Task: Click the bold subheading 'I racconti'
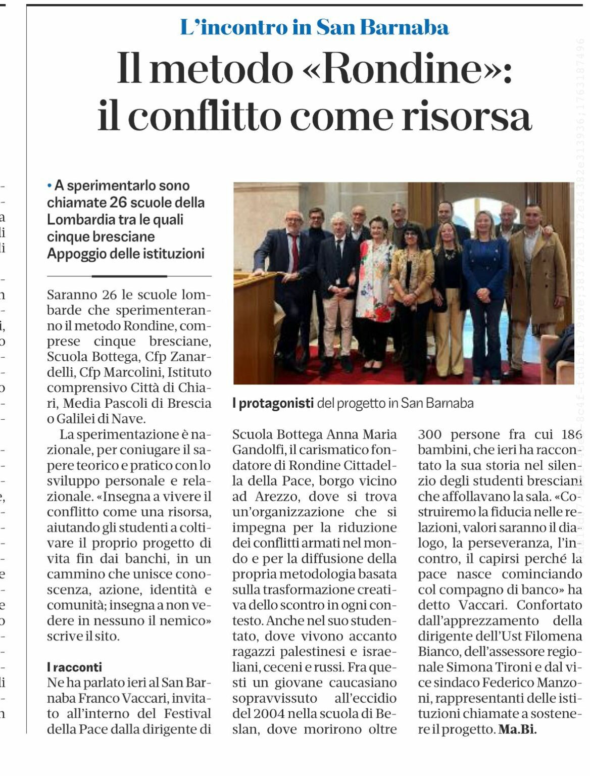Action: pyautogui.click(x=74, y=667)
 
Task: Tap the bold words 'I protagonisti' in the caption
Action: pyautogui.click(x=273, y=403)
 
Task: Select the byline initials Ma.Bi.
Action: pyautogui.click(x=517, y=730)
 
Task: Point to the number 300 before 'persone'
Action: pyautogui.click(x=430, y=434)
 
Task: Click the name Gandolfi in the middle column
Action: pyautogui.click(x=257, y=450)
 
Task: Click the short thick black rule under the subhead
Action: pyautogui.click(x=129, y=276)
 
